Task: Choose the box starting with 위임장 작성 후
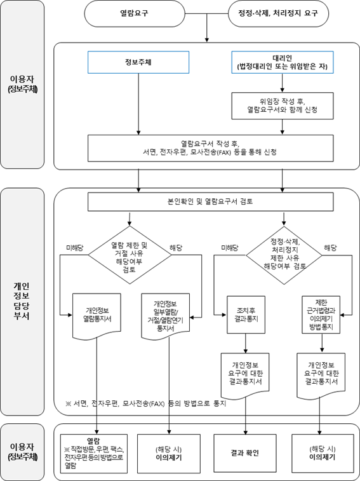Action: [x=282, y=105]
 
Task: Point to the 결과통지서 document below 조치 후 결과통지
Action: [x=246, y=373]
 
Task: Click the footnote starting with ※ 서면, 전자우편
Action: [x=145, y=403]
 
